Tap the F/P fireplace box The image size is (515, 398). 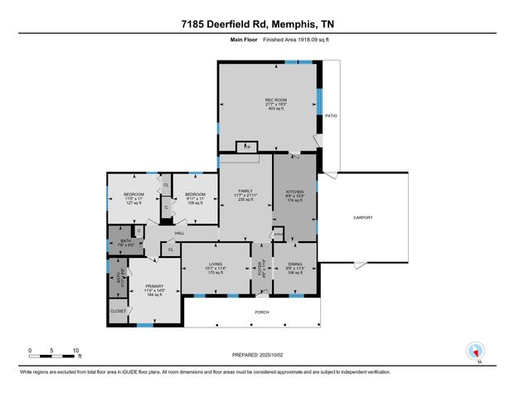coord(245,148)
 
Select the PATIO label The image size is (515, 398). coord(330,116)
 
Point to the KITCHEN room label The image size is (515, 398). coord(295,192)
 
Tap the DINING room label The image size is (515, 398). coord(295,265)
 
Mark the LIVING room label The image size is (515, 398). coord(216,265)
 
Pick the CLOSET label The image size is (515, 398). coord(119,311)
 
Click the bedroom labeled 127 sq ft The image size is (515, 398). coord(134,194)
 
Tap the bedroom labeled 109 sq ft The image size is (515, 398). coord(196,194)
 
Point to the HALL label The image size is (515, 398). coord(179,233)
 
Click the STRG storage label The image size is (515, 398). coord(279,236)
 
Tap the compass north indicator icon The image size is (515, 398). coord(475,351)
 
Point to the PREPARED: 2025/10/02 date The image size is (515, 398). coord(258,354)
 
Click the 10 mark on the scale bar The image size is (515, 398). coord(75,350)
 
